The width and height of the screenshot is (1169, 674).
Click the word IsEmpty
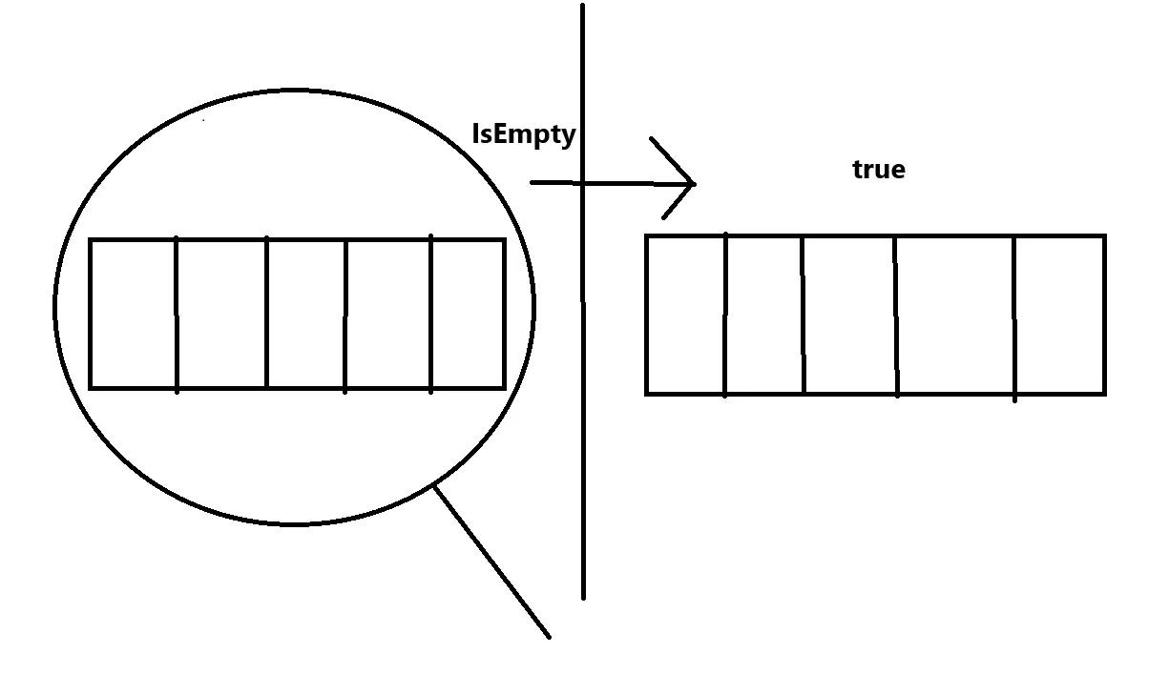(x=524, y=134)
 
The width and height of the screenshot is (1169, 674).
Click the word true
(x=878, y=170)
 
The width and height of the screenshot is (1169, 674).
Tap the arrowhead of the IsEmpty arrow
(x=689, y=182)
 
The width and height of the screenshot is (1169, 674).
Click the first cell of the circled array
(x=134, y=314)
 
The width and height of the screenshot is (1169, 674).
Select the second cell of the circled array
(x=221, y=314)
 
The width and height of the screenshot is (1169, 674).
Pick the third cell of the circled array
(x=305, y=314)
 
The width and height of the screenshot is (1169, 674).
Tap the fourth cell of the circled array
(x=388, y=314)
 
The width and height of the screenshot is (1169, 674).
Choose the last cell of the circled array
(x=468, y=314)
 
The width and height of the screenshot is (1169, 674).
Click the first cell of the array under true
(x=686, y=314)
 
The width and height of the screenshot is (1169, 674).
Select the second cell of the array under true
(x=764, y=314)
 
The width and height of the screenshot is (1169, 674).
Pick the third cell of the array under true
(x=849, y=314)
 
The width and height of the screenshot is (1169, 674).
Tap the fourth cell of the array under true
(x=955, y=314)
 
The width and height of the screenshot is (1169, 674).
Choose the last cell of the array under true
(x=1059, y=314)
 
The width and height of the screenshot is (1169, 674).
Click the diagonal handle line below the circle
(x=491, y=562)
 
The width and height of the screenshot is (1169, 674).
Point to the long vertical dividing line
(x=583, y=429)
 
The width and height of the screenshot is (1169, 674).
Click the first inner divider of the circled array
(x=177, y=314)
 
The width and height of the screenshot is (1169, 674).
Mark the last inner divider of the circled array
(x=431, y=314)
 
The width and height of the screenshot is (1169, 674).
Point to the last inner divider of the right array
(x=1014, y=314)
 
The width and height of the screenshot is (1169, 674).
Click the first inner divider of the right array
(x=725, y=314)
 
